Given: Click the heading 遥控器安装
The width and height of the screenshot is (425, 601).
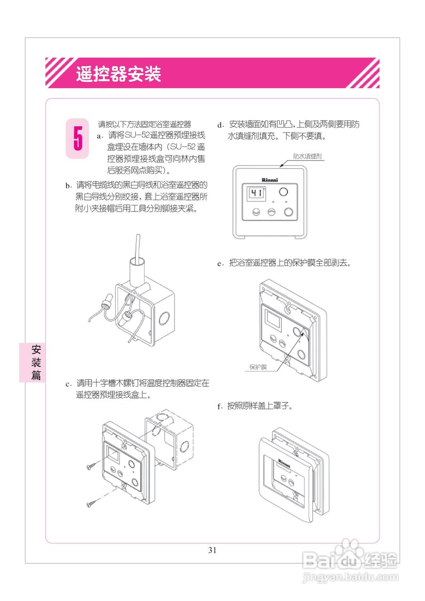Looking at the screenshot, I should coord(119,74).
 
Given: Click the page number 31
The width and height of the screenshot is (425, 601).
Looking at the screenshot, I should coord(212,550).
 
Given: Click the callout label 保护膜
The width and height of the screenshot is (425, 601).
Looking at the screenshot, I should coord(258,367).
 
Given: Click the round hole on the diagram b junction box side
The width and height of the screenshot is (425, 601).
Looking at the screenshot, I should coord(165,319).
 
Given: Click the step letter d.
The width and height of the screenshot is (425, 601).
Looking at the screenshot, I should coord(219,125).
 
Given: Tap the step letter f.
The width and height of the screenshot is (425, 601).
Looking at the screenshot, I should coord(219,407).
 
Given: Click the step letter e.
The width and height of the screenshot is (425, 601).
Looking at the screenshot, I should coord(219,264).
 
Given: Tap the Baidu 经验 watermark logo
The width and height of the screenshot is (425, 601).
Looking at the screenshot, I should coord(350,558).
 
